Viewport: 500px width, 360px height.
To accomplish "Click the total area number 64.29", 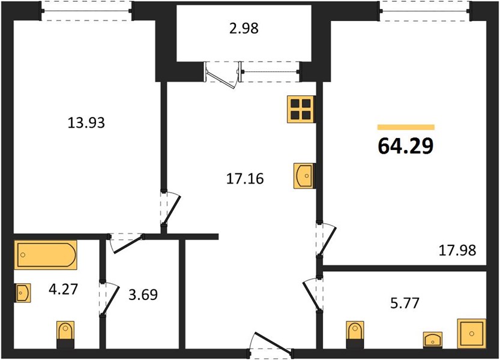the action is click(x=406, y=146).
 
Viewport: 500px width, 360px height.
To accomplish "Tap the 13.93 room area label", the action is click(x=86, y=123).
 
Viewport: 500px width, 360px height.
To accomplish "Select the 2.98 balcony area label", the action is click(x=244, y=29).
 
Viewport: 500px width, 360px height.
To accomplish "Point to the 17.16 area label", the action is click(x=245, y=179).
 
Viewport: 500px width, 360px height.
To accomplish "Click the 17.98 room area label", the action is click(x=457, y=250).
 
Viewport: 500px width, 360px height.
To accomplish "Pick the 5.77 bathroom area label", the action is click(x=405, y=303).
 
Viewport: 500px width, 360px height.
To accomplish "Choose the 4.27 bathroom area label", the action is click(x=63, y=290).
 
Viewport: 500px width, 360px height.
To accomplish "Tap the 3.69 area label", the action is click(x=143, y=295).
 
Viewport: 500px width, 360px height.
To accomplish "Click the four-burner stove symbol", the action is click(x=301, y=109).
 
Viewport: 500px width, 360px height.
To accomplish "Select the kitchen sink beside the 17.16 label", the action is click(x=304, y=176).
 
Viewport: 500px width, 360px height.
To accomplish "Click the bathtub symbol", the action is click(x=45, y=255).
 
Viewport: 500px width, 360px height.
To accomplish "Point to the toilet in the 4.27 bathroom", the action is click(x=65, y=334).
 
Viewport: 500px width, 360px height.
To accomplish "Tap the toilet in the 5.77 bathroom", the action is click(x=355, y=334).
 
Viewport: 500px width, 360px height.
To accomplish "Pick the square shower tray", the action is click(x=472, y=333).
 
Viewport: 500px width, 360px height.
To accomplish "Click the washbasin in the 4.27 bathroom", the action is click(x=23, y=292).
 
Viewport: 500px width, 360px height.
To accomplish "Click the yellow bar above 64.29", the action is click(x=406, y=127).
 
